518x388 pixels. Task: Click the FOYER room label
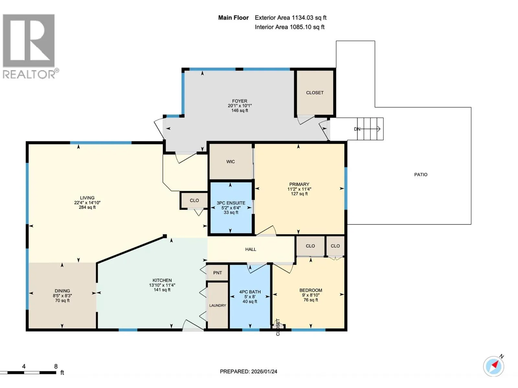pyautogui.click(x=240, y=101)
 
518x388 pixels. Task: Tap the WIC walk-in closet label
pyautogui.click(x=231, y=162)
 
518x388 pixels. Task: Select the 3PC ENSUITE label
pyautogui.click(x=231, y=203)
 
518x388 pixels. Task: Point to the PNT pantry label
pyautogui.click(x=217, y=273)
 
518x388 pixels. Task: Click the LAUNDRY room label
pyautogui.click(x=218, y=306)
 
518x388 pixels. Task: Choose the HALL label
pyautogui.click(x=251, y=249)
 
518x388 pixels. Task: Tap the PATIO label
pyautogui.click(x=421, y=175)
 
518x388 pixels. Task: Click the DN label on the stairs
pyautogui.click(x=357, y=129)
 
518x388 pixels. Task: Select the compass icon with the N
pyautogui.click(x=494, y=366)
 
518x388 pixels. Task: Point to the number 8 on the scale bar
pyautogui.click(x=56, y=366)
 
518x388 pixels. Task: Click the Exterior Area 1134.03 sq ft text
pyautogui.click(x=290, y=18)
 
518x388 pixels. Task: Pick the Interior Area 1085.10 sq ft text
pyautogui.click(x=289, y=27)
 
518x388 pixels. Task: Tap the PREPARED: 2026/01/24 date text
pyautogui.click(x=249, y=372)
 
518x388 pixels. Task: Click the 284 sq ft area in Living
pyautogui.click(x=87, y=207)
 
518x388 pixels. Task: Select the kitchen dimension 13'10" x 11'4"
pyautogui.click(x=162, y=285)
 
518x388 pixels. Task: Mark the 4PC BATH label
pyautogui.click(x=250, y=292)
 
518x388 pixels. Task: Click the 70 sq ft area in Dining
pyautogui.click(x=62, y=301)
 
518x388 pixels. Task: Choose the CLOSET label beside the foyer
pyautogui.click(x=315, y=93)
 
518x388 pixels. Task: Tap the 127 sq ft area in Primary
pyautogui.click(x=299, y=194)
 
